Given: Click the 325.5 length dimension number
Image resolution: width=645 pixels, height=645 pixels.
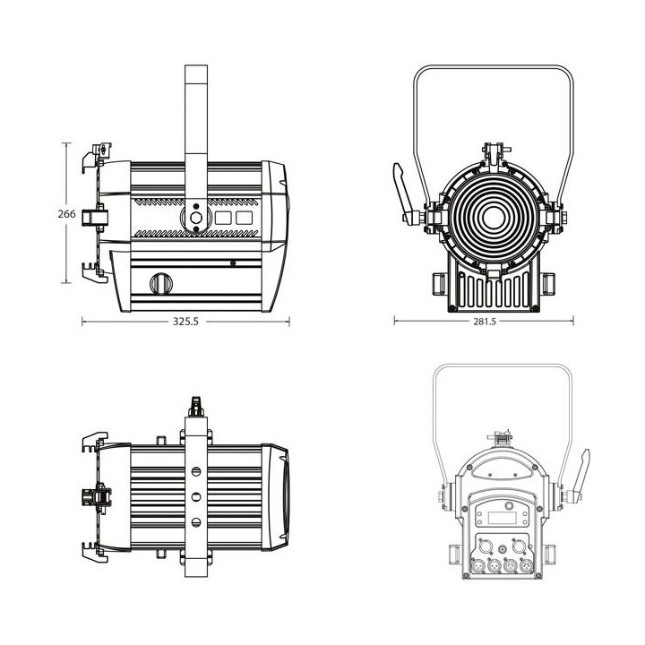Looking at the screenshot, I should [x=185, y=322].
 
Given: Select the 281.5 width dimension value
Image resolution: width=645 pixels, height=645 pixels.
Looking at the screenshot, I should [x=485, y=322].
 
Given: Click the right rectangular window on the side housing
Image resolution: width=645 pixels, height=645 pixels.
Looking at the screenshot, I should [x=243, y=217].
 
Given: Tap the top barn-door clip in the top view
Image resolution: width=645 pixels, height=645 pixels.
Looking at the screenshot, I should [x=92, y=442].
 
